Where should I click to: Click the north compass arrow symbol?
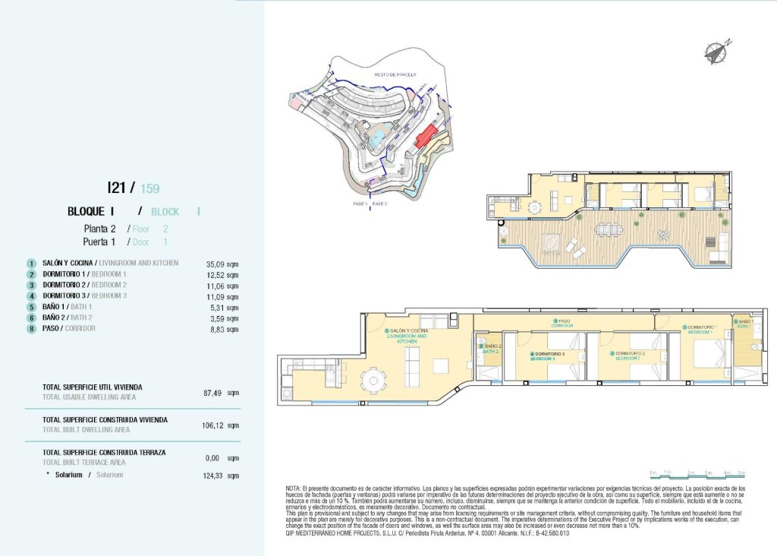[x=716, y=52]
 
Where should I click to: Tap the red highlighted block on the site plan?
[x=426, y=138]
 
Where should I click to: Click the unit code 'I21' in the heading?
[x=117, y=187]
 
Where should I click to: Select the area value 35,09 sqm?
[x=222, y=263]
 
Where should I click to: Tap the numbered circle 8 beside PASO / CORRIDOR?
[x=32, y=329]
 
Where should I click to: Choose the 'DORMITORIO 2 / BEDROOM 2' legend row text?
[x=83, y=285]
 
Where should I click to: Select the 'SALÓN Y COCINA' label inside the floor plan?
[x=407, y=332]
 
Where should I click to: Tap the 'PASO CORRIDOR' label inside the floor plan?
[x=562, y=323]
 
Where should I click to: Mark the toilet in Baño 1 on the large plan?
[x=756, y=348]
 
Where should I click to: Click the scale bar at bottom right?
[x=697, y=473]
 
